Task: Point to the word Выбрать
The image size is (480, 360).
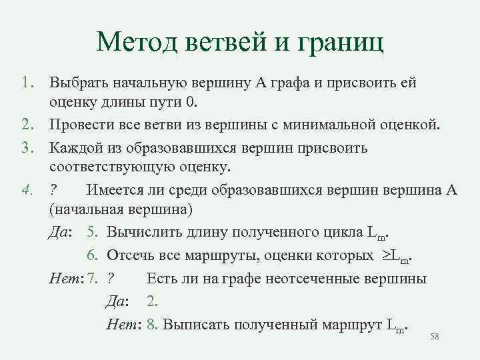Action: point(77,85)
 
